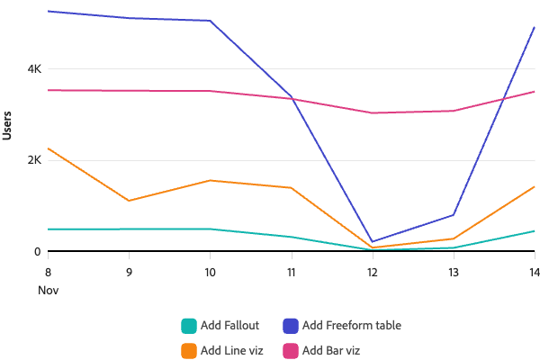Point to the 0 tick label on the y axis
(38, 252)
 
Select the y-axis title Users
(8, 125)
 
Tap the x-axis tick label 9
(129, 271)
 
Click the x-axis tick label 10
(210, 271)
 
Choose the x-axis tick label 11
(292, 271)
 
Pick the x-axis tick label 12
(373, 271)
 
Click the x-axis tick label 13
(454, 271)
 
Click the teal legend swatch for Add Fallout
(188, 326)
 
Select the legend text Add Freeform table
(352, 326)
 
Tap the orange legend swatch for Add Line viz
(188, 350)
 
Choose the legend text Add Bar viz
(332, 350)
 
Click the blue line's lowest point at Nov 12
(373, 241)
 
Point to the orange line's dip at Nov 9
(129, 201)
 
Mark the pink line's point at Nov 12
(373, 113)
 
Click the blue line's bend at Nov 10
(210, 21)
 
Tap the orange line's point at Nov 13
(454, 238)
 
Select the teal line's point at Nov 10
(210, 229)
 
